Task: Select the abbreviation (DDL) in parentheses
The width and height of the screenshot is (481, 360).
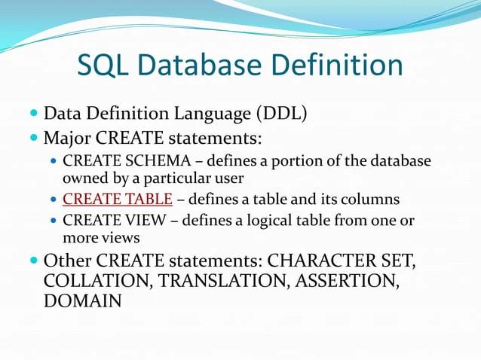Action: point(280,114)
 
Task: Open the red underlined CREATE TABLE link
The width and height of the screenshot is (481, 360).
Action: point(118,200)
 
